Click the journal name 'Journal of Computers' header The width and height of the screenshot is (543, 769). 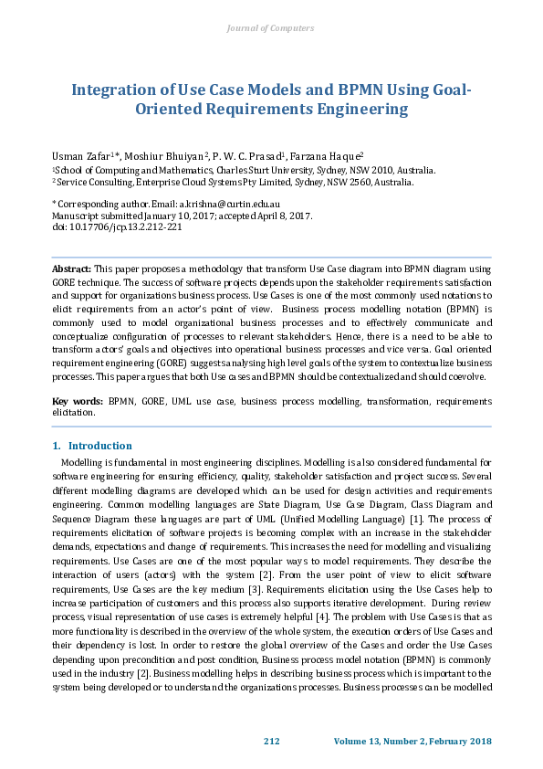(270, 28)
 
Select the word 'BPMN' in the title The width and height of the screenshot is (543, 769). (355, 90)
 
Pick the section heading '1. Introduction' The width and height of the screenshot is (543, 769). (92, 446)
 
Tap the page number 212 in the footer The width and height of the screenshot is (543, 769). (271, 740)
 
